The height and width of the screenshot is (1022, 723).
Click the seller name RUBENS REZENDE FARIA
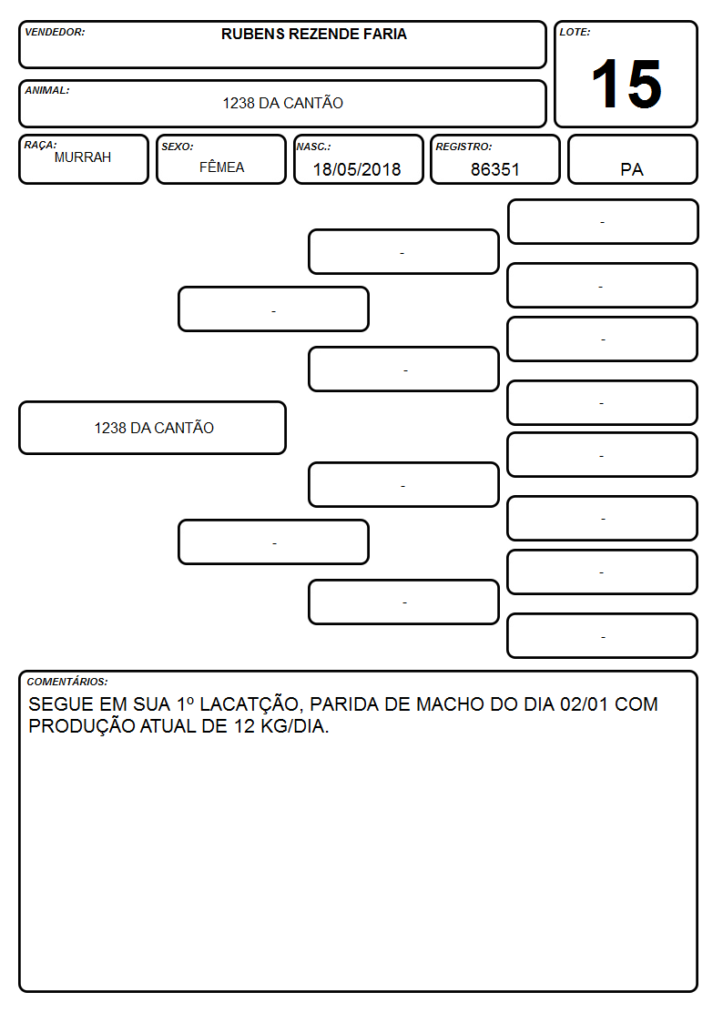click(313, 34)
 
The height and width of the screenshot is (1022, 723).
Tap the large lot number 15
click(626, 84)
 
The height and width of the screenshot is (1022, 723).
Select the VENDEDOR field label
click(55, 32)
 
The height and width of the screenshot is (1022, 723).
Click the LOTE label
click(575, 32)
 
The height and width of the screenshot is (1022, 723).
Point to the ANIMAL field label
click(47, 91)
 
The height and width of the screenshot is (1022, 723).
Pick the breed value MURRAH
click(83, 157)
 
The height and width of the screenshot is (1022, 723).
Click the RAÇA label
click(40, 145)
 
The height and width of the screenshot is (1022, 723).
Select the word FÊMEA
click(221, 167)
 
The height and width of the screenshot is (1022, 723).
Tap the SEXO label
click(178, 147)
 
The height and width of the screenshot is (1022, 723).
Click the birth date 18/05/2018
click(357, 169)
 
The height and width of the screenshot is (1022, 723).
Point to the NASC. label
click(313, 147)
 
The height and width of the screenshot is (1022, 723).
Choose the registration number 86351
click(494, 169)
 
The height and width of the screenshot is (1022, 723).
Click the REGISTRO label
click(463, 147)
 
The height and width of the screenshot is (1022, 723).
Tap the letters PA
click(632, 169)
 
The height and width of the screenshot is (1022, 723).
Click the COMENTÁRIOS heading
click(67, 682)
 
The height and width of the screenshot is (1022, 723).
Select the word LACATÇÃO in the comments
click(249, 703)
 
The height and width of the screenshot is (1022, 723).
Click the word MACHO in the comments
click(450, 703)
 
